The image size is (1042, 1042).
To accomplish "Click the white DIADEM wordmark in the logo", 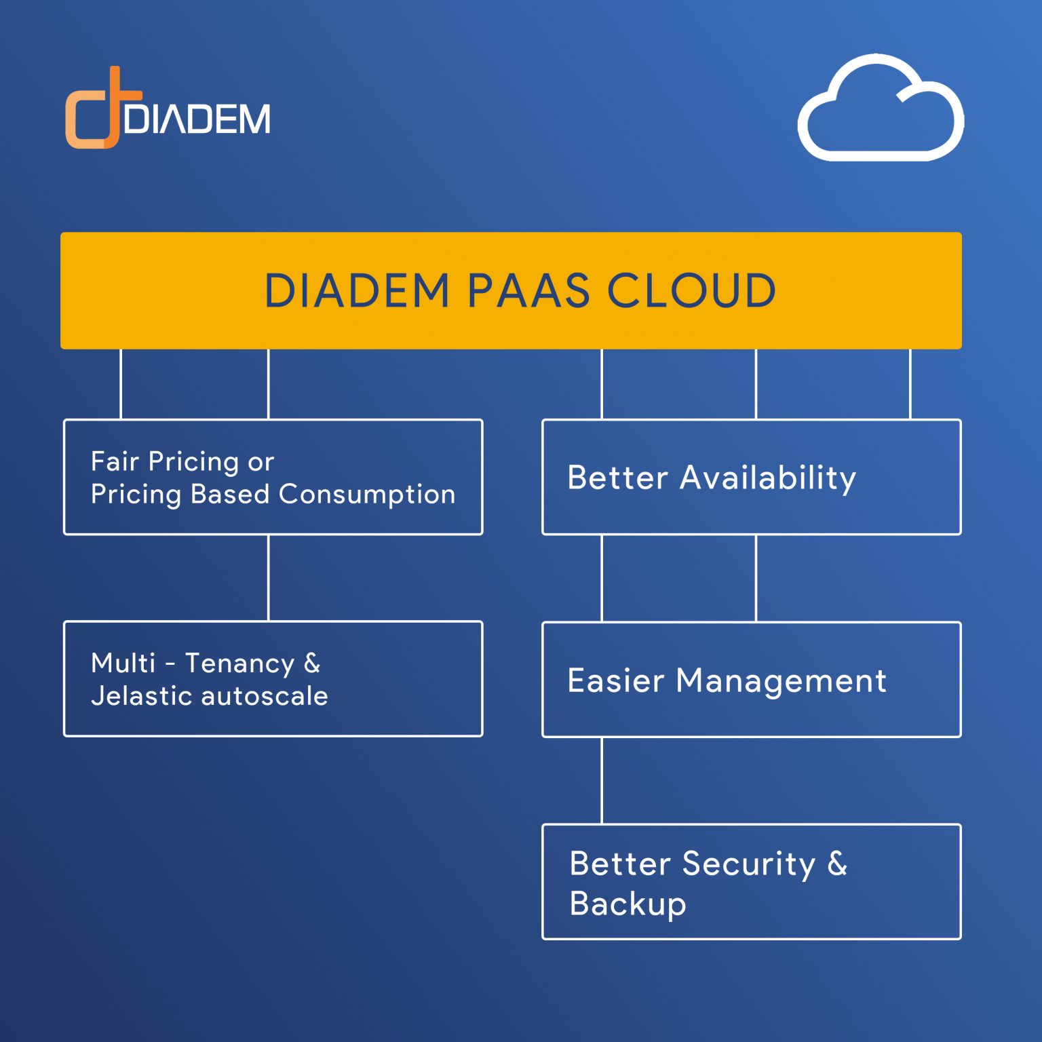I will click(x=197, y=119).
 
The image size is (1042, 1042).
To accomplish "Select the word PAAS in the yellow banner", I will click(x=528, y=291).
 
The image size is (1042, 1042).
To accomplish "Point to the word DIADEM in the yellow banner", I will click(x=357, y=291).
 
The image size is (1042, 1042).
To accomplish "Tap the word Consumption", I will click(x=367, y=494).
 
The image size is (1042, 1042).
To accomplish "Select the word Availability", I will click(x=768, y=478).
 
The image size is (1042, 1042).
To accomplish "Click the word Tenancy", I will click(x=239, y=663).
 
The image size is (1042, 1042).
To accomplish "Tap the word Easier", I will click(x=615, y=680).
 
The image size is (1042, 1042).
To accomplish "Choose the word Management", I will click(x=781, y=681).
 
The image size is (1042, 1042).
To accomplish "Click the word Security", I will click(x=748, y=864).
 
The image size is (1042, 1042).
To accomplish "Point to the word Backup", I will click(x=628, y=904).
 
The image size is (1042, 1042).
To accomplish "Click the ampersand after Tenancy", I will click(x=312, y=663).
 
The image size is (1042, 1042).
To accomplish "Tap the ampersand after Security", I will click(x=837, y=864).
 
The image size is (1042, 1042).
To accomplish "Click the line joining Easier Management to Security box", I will click(x=602, y=780).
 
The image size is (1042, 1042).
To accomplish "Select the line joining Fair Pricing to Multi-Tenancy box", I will click(x=269, y=578).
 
